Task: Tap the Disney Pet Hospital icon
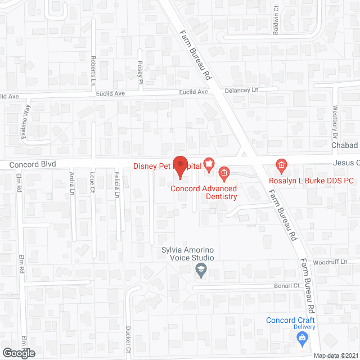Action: click(x=209, y=165)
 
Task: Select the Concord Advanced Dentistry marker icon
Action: click(x=223, y=173)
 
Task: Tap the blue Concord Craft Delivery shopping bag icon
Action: click(x=302, y=337)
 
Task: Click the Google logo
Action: click(x=18, y=353)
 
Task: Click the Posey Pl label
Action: click(x=141, y=74)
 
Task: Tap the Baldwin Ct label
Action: click(x=276, y=20)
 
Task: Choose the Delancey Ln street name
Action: click(x=240, y=90)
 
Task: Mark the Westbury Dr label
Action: click(x=335, y=121)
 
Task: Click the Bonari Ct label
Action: click(x=287, y=286)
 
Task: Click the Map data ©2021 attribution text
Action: click(x=335, y=355)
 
